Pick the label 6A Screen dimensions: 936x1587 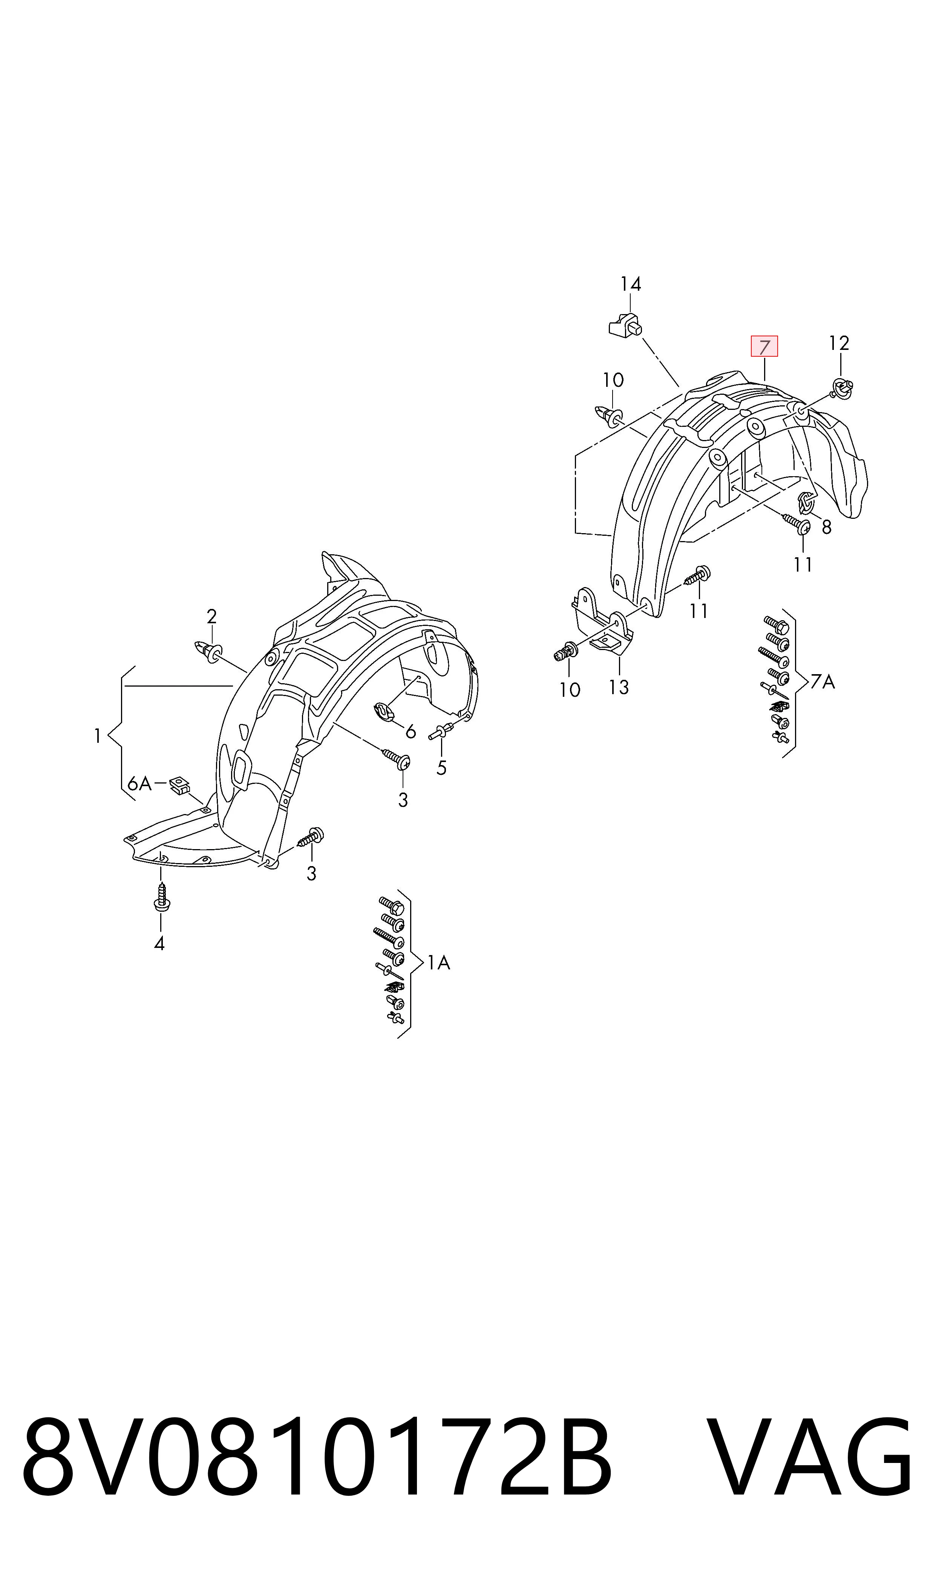(x=139, y=784)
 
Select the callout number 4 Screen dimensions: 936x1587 (x=159, y=944)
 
